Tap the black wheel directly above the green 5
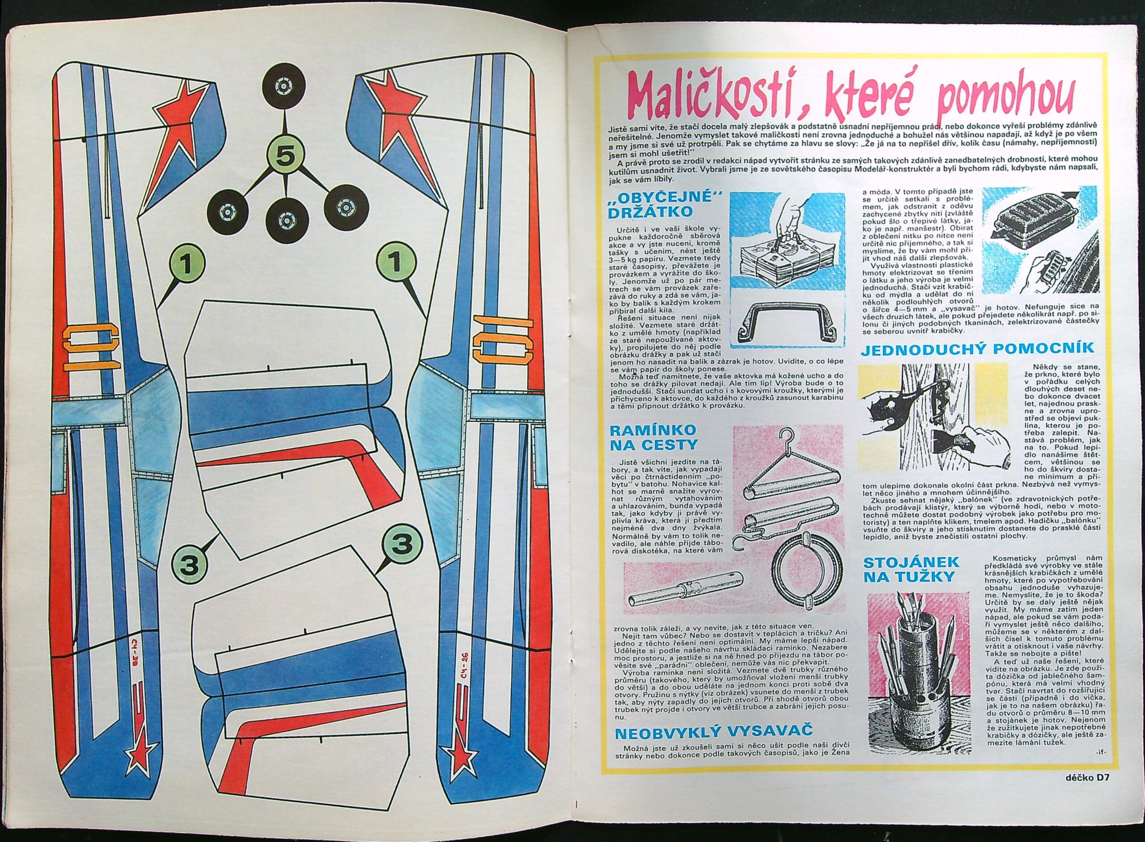pyautogui.click(x=284, y=88)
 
